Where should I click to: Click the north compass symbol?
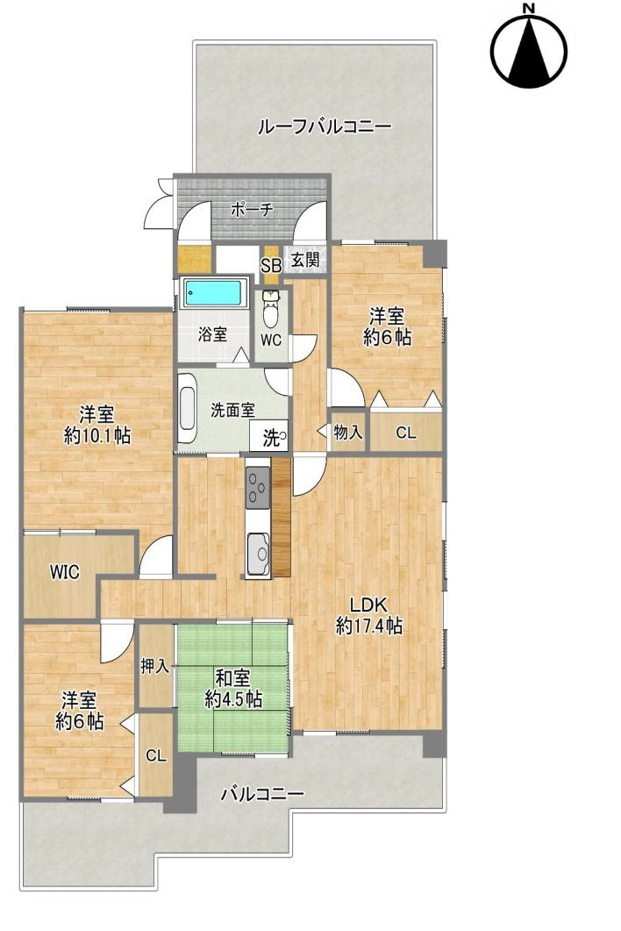529,47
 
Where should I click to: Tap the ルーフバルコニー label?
324,126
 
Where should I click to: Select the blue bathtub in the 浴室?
215,293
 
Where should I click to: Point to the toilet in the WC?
271,308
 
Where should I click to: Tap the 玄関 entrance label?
305,260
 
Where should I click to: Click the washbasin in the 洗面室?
187,409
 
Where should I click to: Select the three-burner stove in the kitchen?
258,485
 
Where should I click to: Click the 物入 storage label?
348,432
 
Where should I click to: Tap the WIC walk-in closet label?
64,572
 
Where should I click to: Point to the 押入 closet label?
155,666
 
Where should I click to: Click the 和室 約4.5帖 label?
233,689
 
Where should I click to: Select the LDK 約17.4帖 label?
368,616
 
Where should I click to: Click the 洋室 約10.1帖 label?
96,425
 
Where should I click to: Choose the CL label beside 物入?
406,433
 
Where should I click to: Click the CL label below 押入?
155,756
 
